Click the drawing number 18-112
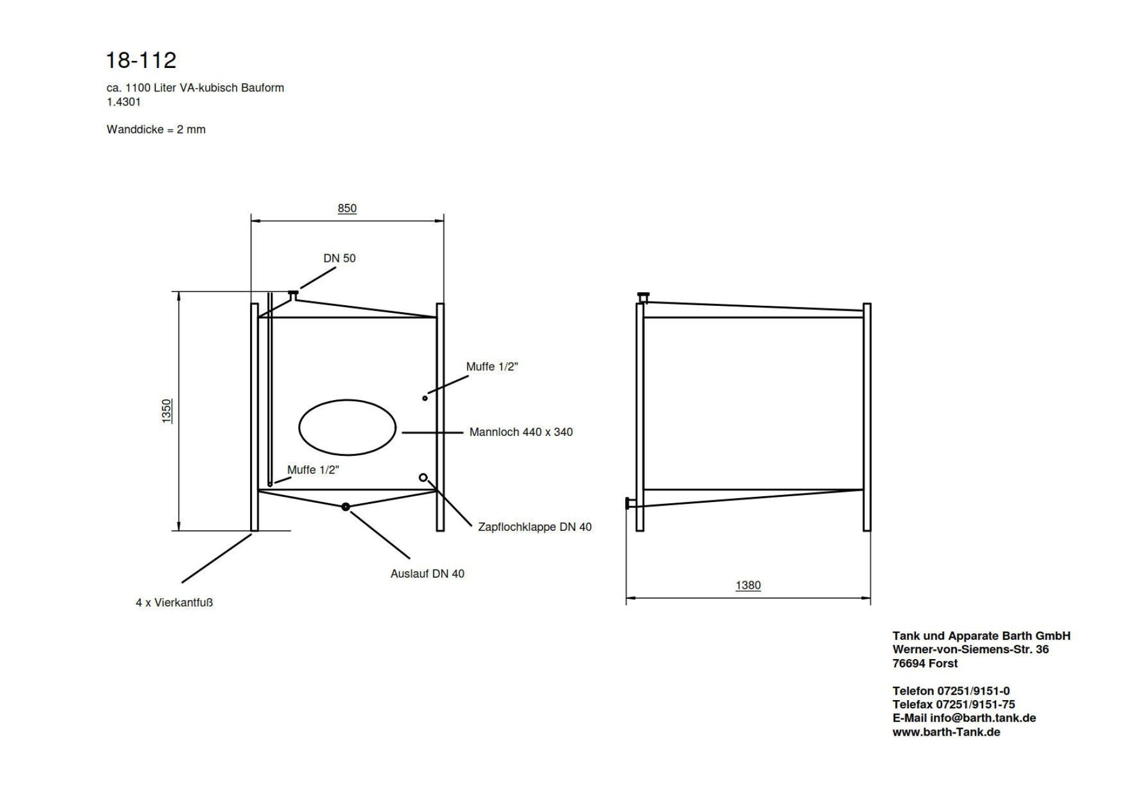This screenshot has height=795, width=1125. (141, 60)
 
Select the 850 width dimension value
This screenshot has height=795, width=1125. (347, 208)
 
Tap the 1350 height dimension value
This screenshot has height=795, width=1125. (167, 411)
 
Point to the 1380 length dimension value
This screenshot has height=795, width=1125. (748, 585)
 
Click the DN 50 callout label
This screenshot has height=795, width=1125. (339, 258)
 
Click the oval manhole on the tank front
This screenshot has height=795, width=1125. (347, 427)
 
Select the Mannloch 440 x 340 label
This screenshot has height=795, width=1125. (521, 432)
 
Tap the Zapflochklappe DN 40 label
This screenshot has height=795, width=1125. (534, 527)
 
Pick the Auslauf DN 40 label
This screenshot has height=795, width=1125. (427, 574)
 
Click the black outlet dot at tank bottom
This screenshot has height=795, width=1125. (346, 507)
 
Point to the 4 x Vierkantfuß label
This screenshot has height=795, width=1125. (174, 602)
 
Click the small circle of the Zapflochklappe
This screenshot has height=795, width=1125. (423, 477)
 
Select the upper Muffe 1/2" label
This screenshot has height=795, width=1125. (492, 367)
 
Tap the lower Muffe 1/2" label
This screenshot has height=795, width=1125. (313, 470)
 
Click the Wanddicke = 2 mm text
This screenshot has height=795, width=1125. (156, 129)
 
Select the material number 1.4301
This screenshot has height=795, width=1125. (124, 102)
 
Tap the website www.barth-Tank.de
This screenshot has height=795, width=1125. (946, 732)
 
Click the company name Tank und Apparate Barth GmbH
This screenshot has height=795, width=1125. (981, 636)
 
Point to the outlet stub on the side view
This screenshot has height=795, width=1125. (629, 503)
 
